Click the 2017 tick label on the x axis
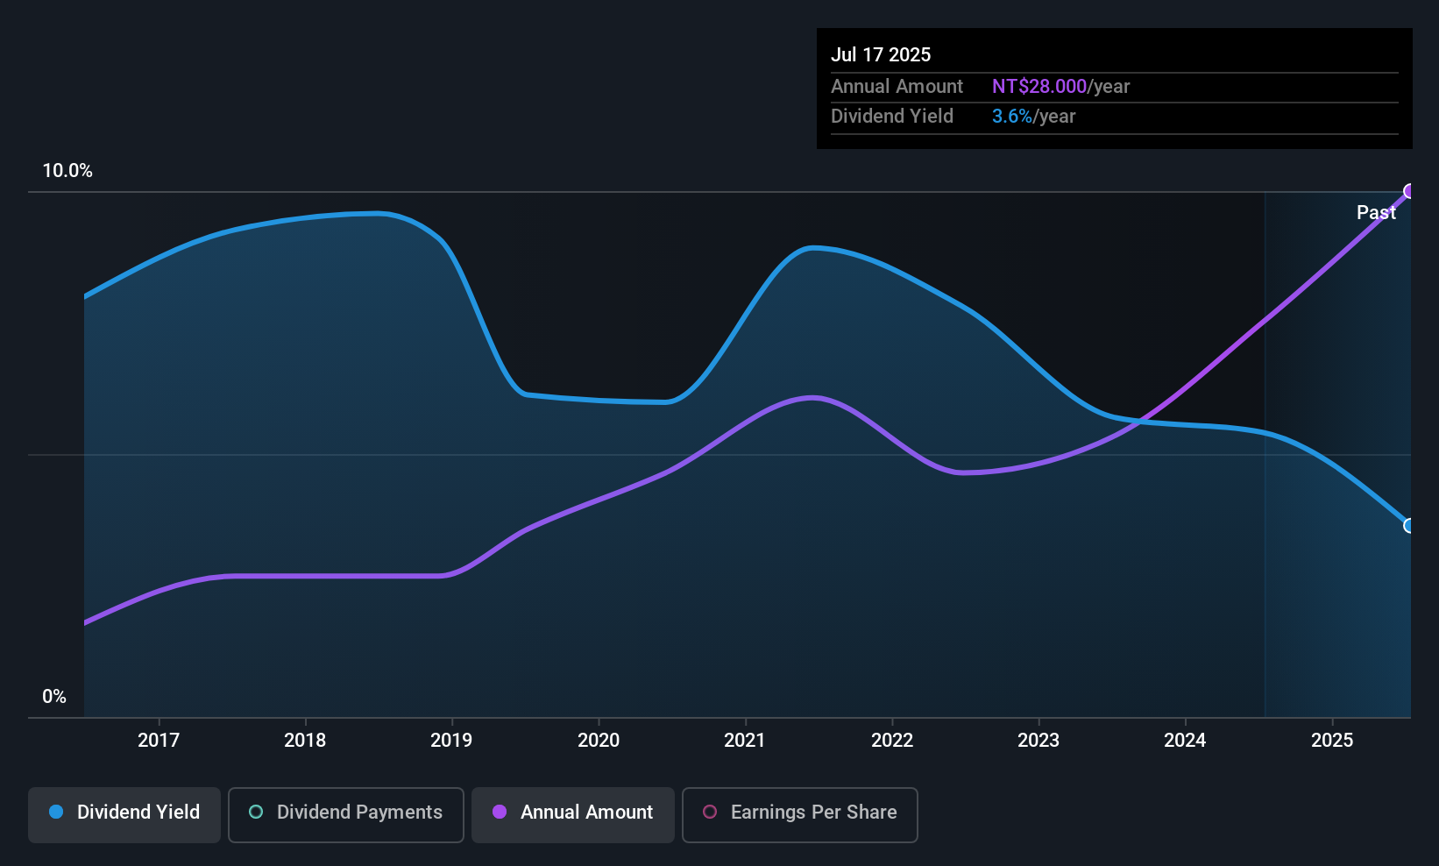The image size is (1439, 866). click(159, 740)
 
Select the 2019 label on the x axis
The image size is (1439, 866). click(451, 740)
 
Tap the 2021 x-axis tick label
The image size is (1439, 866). click(745, 740)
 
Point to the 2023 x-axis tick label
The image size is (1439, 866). click(1038, 740)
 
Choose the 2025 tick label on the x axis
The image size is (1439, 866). click(1332, 740)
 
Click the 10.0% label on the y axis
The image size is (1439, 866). click(67, 171)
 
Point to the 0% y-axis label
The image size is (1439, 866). click(54, 697)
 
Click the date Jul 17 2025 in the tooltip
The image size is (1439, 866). click(881, 54)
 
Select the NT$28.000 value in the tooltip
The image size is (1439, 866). click(1038, 86)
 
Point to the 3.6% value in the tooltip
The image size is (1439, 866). click(1011, 117)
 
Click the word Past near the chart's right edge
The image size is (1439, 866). click(1376, 212)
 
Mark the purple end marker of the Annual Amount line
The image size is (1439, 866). click(1409, 191)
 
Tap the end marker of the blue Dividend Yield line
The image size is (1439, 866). click(1409, 526)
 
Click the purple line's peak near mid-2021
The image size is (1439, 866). click(813, 398)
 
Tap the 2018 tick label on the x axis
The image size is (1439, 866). click(305, 740)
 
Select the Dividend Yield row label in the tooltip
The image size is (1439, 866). click(892, 117)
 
